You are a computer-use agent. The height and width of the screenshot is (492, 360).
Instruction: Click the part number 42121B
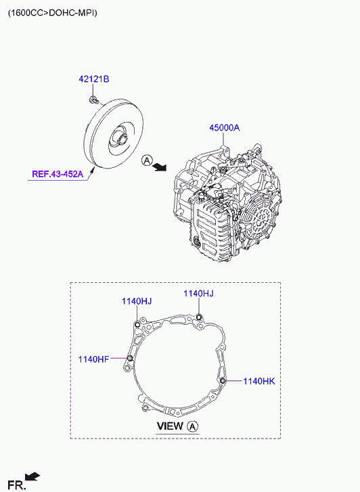pos(94,79)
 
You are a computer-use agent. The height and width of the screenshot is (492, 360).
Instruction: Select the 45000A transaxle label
pos(225,128)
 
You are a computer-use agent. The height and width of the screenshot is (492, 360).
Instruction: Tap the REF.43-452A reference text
pos(58,174)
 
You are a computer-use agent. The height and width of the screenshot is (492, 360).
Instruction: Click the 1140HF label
pos(93,359)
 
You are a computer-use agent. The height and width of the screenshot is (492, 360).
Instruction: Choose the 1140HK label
pos(259,381)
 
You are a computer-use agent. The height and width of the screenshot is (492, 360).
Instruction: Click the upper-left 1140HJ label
pos(137,302)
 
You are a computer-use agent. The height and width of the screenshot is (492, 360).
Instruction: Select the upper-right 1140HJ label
pos(198,294)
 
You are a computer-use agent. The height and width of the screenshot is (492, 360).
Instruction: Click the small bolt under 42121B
pos(93,100)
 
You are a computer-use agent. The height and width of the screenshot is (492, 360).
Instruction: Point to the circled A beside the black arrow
pos(147,160)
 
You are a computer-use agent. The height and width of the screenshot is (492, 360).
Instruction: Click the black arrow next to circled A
pos(160,168)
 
